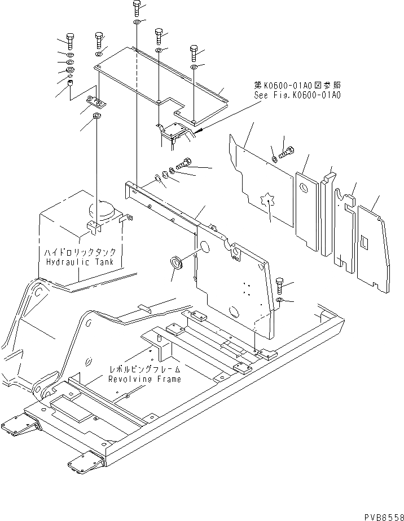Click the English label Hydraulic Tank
point(79,262)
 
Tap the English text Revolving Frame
point(145,379)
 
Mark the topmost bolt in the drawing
point(137,7)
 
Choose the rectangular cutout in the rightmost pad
point(365,242)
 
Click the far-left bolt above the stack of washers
point(69,41)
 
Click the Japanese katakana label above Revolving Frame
point(146,369)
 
